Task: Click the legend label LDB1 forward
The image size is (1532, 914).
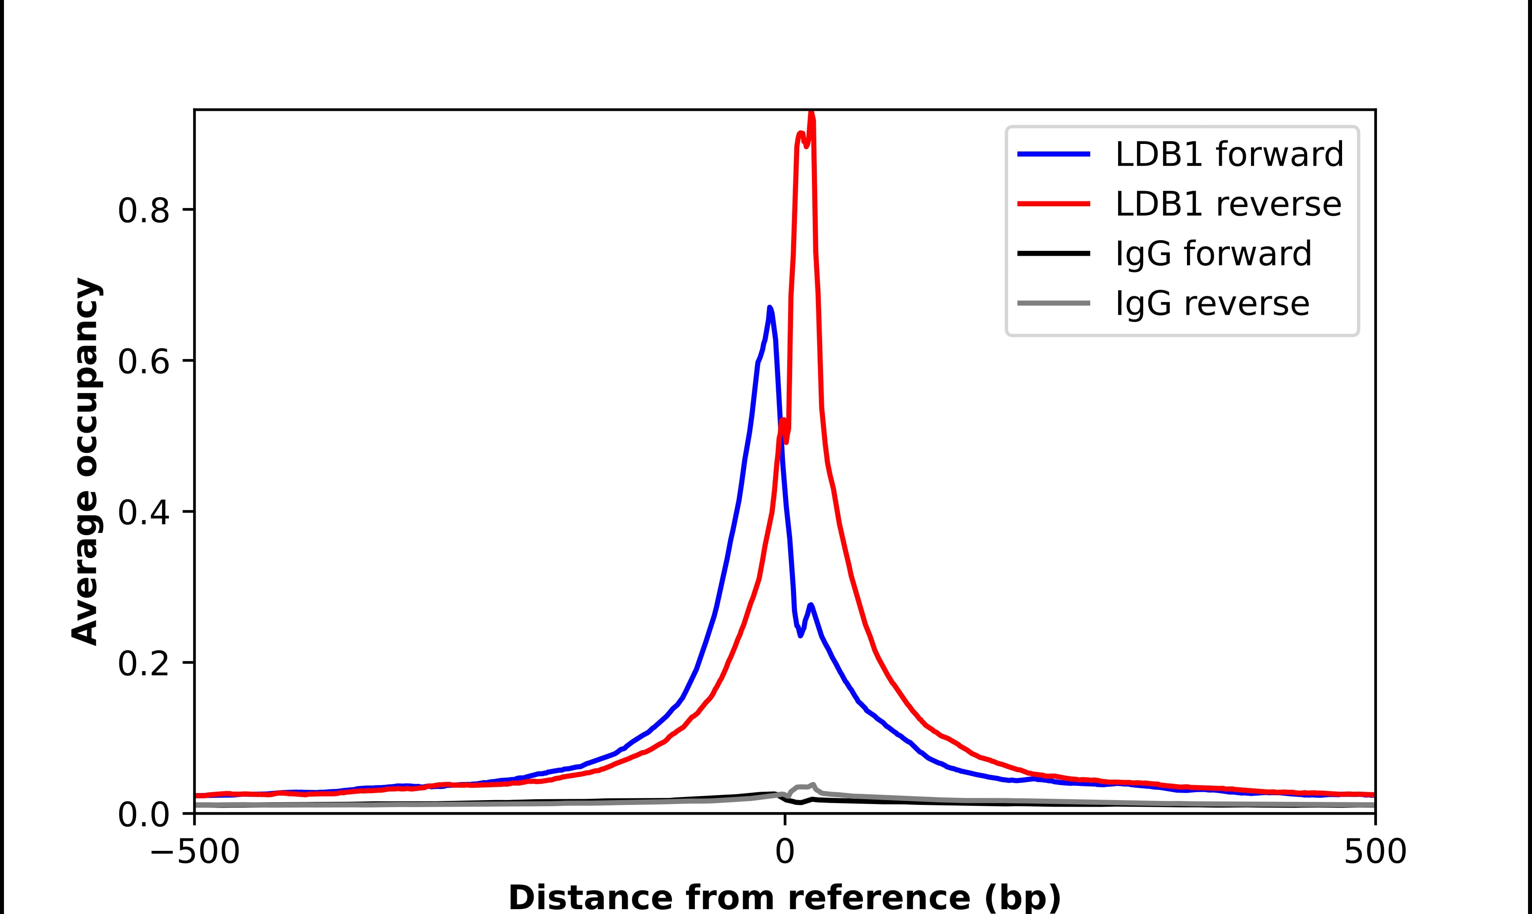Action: click(x=1229, y=154)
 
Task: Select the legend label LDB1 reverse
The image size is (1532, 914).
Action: click(x=1228, y=204)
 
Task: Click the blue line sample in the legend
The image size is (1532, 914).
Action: click(x=1054, y=154)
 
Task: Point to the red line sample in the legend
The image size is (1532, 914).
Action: click(x=1054, y=204)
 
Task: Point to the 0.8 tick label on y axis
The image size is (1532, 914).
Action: click(x=143, y=211)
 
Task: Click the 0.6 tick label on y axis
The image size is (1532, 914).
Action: click(x=143, y=362)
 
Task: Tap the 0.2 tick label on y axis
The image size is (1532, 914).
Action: click(x=143, y=664)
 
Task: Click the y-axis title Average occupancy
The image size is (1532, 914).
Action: click(x=85, y=461)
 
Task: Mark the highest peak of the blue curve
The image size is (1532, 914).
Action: click(x=770, y=307)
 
